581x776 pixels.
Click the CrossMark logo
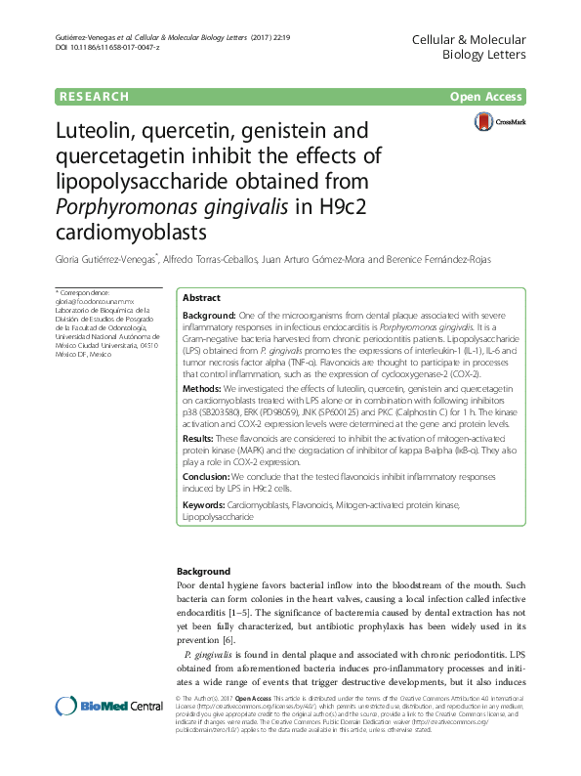pyautogui.click(x=498, y=122)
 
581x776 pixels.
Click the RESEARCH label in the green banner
pyautogui.click(x=94, y=97)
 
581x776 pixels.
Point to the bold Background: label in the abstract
pyautogui.click(x=210, y=316)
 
